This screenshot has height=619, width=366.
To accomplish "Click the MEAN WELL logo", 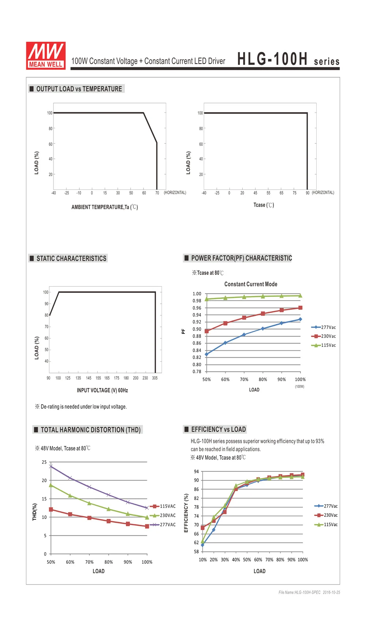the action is pyautogui.click(x=46, y=56).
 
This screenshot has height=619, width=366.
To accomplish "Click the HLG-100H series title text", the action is pyautogui.click(x=288, y=59).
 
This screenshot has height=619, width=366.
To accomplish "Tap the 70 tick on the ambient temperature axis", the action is pyautogui.click(x=157, y=193).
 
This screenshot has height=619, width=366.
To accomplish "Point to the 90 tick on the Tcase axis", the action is pyautogui.click(x=307, y=193).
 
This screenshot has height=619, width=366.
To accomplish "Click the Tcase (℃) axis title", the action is pyautogui.click(x=264, y=205).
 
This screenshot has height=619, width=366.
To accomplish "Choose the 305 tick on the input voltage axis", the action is pyautogui.click(x=155, y=378).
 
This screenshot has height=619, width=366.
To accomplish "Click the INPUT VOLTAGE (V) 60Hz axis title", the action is pyautogui.click(x=102, y=390).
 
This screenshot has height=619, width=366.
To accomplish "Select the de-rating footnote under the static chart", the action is pyautogui.click(x=81, y=406).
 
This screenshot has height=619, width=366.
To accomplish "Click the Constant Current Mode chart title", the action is pyautogui.click(x=251, y=284).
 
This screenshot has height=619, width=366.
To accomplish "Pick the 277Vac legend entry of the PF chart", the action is pyautogui.click(x=324, y=327).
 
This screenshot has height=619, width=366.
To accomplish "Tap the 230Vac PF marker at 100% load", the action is pyautogui.click(x=300, y=307).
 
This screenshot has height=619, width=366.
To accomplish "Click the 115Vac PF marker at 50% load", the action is pyautogui.click(x=206, y=299).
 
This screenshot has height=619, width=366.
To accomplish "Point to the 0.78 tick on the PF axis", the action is pyautogui.click(x=197, y=371).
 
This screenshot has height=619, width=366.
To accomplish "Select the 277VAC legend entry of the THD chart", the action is pyautogui.click(x=163, y=524).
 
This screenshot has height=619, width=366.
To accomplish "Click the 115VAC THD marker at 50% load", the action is pyautogui.click(x=51, y=509).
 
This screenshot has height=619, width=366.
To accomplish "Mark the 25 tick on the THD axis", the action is pyautogui.click(x=44, y=462).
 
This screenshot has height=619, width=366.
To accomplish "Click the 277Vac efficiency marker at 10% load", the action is pyautogui.click(x=203, y=545).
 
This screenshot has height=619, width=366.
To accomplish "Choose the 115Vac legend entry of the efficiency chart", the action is pyautogui.click(x=326, y=524).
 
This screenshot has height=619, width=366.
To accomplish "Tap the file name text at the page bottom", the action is pyautogui.click(x=309, y=592).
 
